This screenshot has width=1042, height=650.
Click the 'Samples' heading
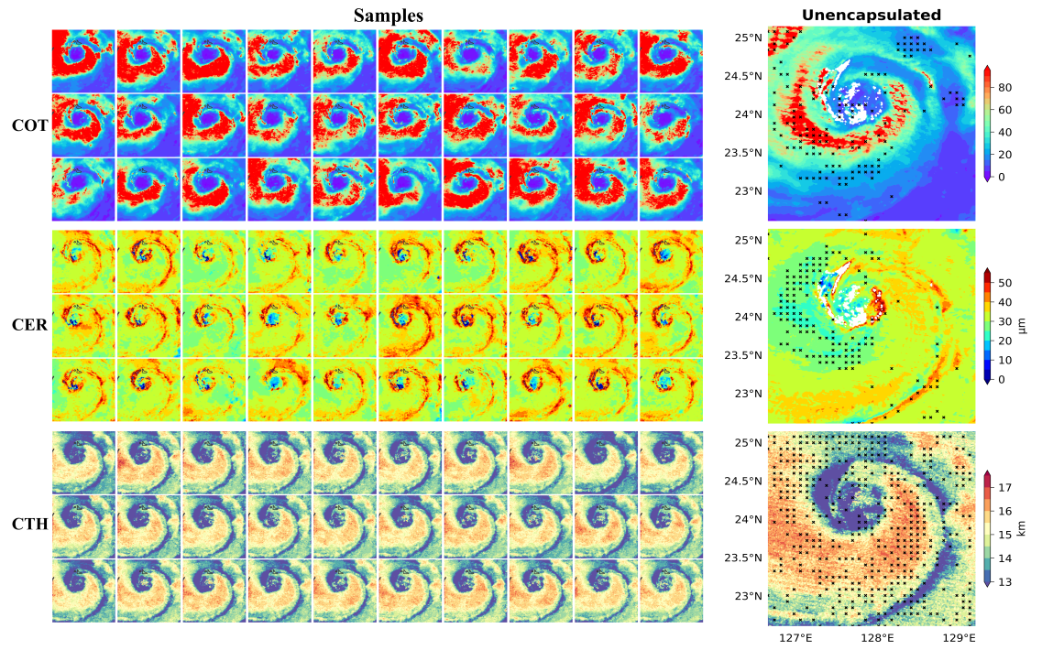(x=389, y=16)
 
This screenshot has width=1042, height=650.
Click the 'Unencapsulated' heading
(x=871, y=15)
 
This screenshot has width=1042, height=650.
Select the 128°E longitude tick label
(x=877, y=637)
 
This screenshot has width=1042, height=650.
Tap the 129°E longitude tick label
(x=959, y=637)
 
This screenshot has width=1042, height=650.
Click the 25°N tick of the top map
(x=748, y=38)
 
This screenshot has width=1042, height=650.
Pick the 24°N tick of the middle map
(x=748, y=317)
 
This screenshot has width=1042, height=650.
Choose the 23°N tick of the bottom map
(x=748, y=596)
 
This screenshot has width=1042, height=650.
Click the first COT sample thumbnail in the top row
(x=83, y=60)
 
